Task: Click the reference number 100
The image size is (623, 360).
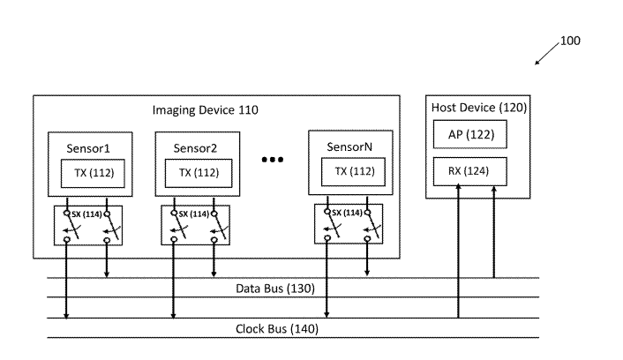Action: point(571,41)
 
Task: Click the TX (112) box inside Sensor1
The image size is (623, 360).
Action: point(88,172)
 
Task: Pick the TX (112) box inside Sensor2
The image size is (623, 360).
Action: point(198,172)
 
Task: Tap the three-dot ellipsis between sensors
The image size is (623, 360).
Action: point(273,161)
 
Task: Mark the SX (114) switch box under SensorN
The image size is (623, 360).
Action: point(350,226)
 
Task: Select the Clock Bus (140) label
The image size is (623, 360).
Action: point(276,329)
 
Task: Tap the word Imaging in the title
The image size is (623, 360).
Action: point(177,110)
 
